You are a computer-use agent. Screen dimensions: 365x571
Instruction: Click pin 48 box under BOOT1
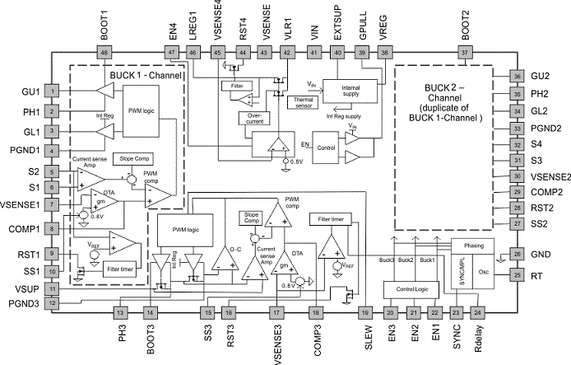point(104,52)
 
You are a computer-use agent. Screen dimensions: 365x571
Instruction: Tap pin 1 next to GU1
point(52,90)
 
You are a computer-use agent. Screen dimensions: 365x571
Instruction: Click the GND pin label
point(541,254)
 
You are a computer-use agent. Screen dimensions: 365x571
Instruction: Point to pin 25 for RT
point(517,274)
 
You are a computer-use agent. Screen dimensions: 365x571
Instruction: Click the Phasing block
point(476,246)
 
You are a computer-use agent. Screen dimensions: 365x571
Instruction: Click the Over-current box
point(253,117)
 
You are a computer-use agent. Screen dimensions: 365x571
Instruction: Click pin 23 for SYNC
point(456,311)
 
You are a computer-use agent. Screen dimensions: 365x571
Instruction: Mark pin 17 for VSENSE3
point(275,311)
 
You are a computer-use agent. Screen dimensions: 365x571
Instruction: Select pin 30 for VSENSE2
point(517,175)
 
